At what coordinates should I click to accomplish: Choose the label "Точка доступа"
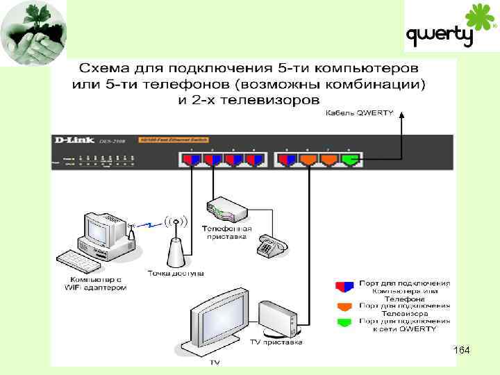coord(176,273)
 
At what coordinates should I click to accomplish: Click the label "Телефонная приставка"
coord(226,232)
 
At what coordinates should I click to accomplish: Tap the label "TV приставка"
coord(276,341)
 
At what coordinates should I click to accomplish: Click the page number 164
coord(460,352)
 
